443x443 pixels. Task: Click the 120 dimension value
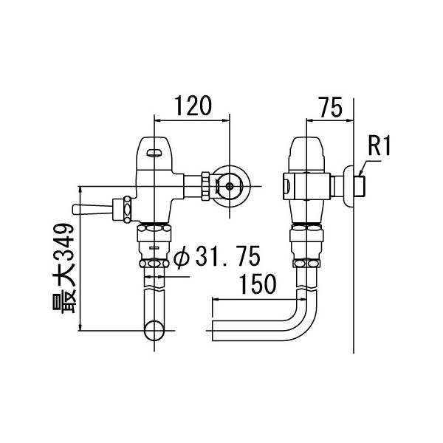click(191, 106)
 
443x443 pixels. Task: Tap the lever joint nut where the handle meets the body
click(128, 207)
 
